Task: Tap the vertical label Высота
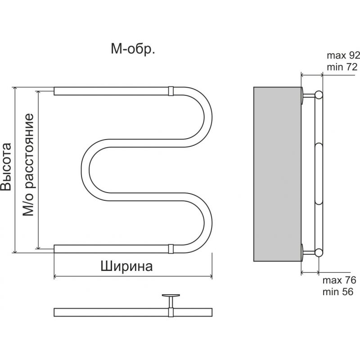click(6, 167)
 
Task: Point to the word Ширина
click(126, 266)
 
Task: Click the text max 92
click(343, 56)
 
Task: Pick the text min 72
click(340, 67)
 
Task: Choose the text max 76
click(339, 280)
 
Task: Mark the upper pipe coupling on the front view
click(171, 90)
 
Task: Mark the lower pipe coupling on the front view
click(171, 247)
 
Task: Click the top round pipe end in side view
click(319, 94)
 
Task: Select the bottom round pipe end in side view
click(319, 252)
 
